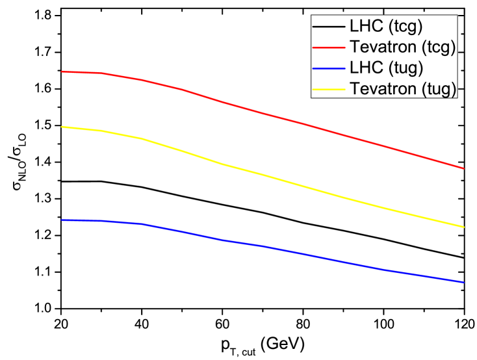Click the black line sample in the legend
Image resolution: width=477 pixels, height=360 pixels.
329,27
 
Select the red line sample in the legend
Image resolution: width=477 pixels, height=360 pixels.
329,47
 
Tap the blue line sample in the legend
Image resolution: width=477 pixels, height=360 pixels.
329,68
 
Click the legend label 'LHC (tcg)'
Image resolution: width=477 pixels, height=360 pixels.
386,27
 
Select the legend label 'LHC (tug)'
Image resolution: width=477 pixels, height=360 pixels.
387,68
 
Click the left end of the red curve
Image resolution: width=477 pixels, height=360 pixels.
62,71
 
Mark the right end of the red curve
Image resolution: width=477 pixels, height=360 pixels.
464,168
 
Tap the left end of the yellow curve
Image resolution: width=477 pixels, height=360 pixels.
62,127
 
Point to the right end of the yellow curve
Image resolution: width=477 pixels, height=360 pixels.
464,227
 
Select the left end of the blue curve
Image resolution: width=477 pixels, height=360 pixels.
62,220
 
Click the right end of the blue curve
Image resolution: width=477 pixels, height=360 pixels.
464,282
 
